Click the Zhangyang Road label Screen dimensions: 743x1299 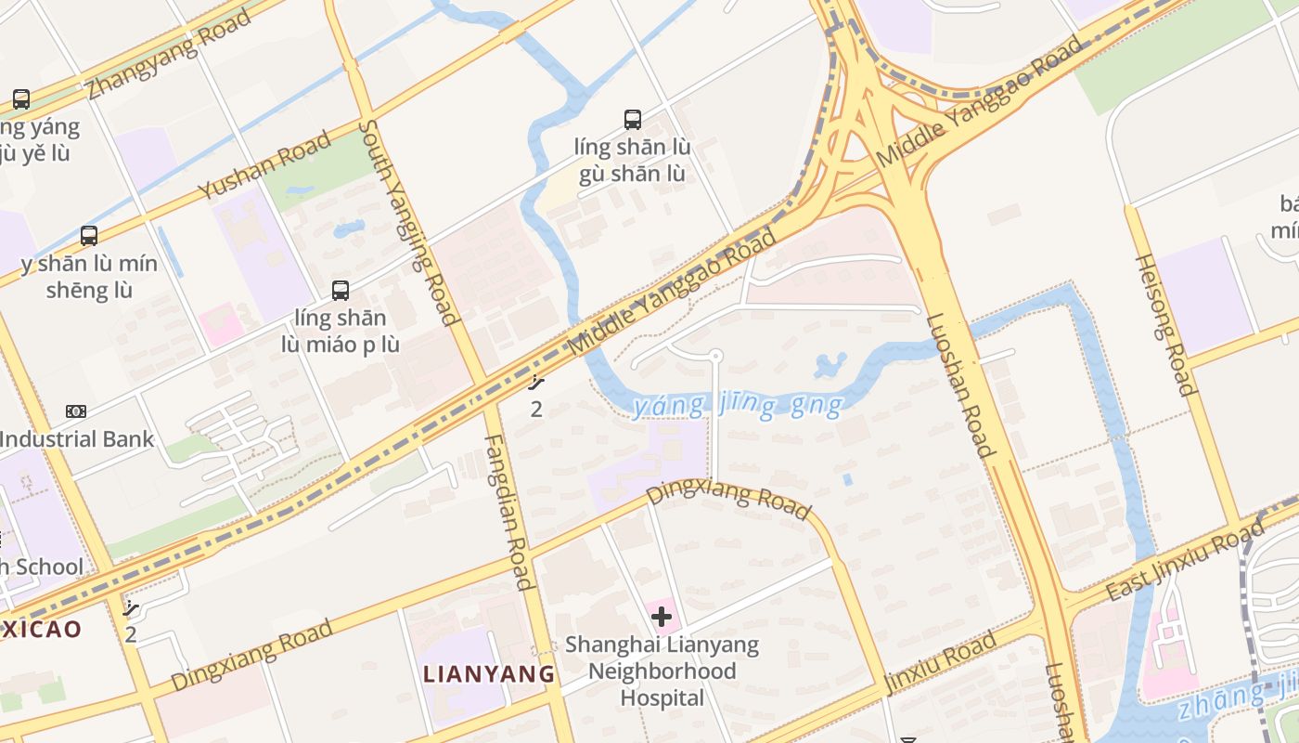[170, 54]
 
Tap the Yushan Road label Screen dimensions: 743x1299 [264, 165]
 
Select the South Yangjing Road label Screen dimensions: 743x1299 [409, 223]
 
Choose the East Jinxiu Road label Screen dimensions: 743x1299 [1185, 561]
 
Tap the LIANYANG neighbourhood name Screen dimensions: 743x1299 [488, 673]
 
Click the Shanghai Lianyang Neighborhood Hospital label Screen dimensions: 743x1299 [662, 671]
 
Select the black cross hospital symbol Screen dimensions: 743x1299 [662, 617]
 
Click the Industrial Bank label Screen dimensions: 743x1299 [77, 438]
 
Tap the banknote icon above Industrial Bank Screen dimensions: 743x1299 [76, 411]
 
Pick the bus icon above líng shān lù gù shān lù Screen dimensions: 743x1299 [633, 119]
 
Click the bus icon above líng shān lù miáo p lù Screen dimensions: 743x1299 [341, 290]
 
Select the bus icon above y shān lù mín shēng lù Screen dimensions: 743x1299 [89, 235]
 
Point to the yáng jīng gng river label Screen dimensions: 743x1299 [739, 405]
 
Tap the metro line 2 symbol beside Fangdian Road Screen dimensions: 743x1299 [536, 381]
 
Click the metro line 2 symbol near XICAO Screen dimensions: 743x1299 [132, 609]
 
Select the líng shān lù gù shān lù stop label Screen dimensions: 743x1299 [633, 160]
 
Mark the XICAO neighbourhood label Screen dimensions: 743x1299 [41, 629]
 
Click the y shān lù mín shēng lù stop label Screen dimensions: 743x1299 [89, 277]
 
